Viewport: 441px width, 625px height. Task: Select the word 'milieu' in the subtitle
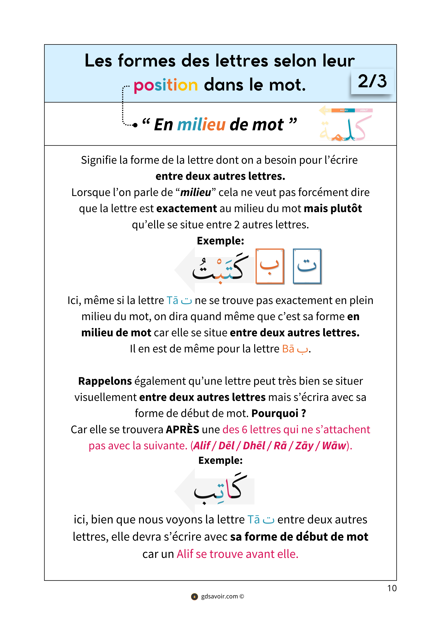[x=201, y=125]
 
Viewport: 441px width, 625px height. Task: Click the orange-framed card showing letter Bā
[x=270, y=266]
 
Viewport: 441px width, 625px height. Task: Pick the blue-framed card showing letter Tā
[x=307, y=266]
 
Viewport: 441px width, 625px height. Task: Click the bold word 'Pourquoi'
[x=275, y=413]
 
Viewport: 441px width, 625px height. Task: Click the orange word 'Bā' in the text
[x=288, y=349]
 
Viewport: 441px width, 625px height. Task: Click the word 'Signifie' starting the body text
[x=99, y=160]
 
